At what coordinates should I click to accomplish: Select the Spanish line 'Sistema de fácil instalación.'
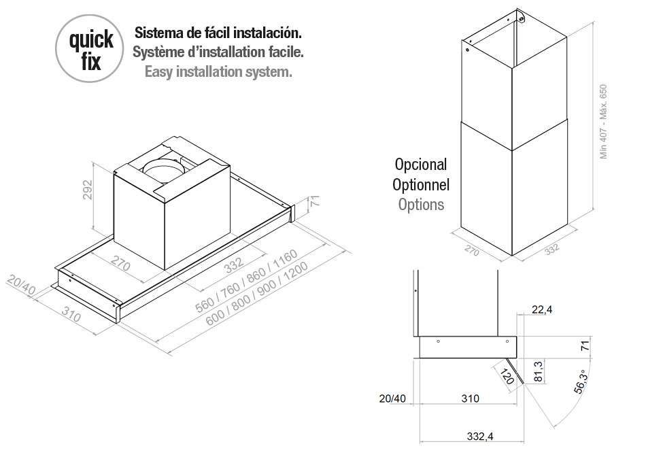(x=218, y=33)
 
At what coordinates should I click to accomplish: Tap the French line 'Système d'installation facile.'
(x=218, y=52)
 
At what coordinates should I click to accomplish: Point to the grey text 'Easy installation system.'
(x=218, y=71)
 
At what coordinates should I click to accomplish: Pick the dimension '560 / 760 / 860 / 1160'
(x=247, y=280)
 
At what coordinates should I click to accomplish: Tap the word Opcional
(x=421, y=165)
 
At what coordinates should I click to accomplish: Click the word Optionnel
(x=421, y=184)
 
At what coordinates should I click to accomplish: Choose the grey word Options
(x=421, y=204)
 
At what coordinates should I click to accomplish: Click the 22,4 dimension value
(x=541, y=310)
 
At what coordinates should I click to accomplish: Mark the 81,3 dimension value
(x=539, y=372)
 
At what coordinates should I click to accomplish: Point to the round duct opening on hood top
(x=164, y=167)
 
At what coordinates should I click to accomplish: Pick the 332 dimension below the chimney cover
(x=551, y=248)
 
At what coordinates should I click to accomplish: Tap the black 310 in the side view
(x=469, y=398)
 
